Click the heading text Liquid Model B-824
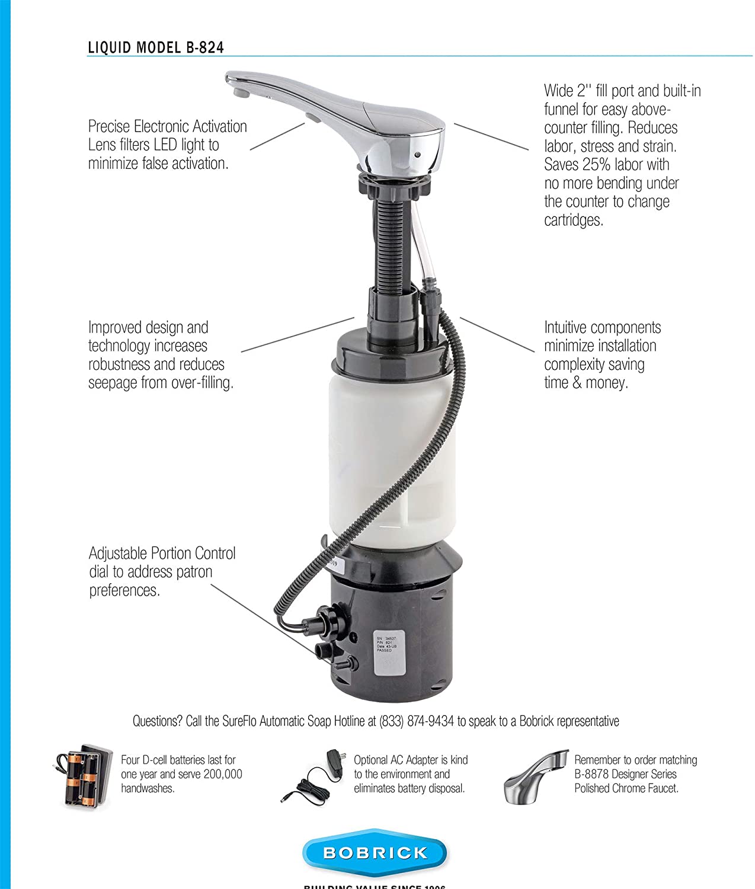click(156, 47)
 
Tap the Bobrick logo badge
click(375, 853)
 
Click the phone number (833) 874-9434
click(417, 721)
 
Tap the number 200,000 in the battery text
click(221, 774)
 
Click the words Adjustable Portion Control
click(162, 554)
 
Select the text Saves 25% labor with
click(606, 165)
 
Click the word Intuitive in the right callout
click(564, 328)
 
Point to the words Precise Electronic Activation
click(167, 126)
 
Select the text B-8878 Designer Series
click(625, 774)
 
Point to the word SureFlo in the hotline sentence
click(241, 721)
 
